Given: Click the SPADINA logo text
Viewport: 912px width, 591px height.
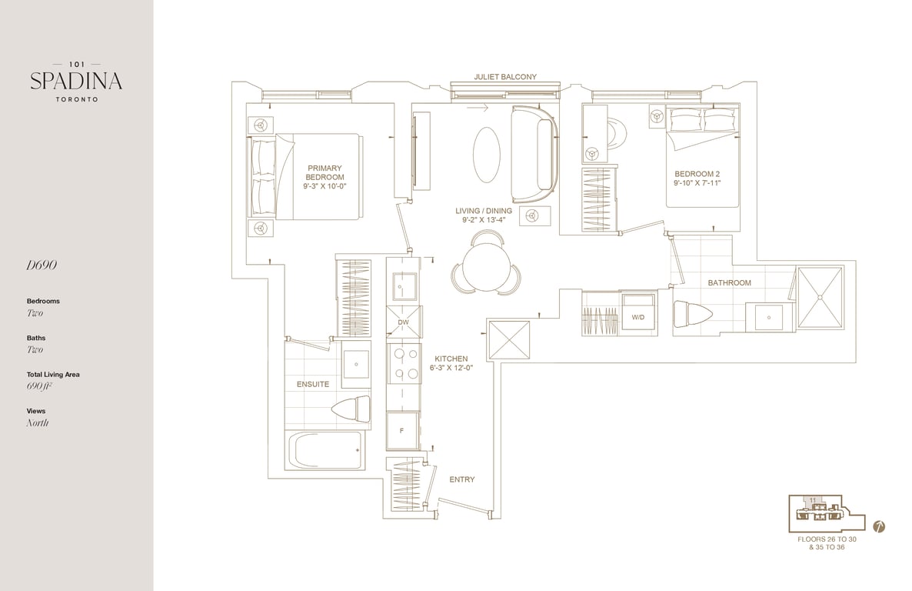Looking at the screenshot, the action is (76, 81).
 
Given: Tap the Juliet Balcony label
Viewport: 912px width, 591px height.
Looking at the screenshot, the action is (505, 77).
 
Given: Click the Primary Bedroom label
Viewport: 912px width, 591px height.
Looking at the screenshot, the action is (325, 172).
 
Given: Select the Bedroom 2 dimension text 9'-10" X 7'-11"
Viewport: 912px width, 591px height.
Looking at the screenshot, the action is (697, 183).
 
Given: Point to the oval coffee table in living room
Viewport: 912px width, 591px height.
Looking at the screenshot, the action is (486, 155).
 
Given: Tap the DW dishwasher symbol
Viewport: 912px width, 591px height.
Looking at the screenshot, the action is (404, 322).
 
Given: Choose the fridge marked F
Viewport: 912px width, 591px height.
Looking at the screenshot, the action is (402, 430).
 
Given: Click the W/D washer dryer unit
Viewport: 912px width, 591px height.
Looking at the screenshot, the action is (639, 314).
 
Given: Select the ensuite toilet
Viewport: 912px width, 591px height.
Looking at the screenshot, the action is (351, 407).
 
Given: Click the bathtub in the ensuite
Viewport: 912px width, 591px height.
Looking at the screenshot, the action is (326, 450).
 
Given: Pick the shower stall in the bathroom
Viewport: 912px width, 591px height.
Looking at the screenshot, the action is (820, 297).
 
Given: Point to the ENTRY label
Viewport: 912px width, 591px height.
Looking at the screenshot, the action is (462, 479).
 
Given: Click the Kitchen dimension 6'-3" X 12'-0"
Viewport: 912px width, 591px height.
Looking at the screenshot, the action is (451, 368).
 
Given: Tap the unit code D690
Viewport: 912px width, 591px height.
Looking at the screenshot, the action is (42, 265).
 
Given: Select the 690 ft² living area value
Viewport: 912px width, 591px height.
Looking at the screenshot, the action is (39, 386).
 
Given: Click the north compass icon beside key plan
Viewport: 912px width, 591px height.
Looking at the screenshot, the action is (879, 527).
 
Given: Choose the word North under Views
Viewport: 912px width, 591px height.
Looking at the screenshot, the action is (37, 422).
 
